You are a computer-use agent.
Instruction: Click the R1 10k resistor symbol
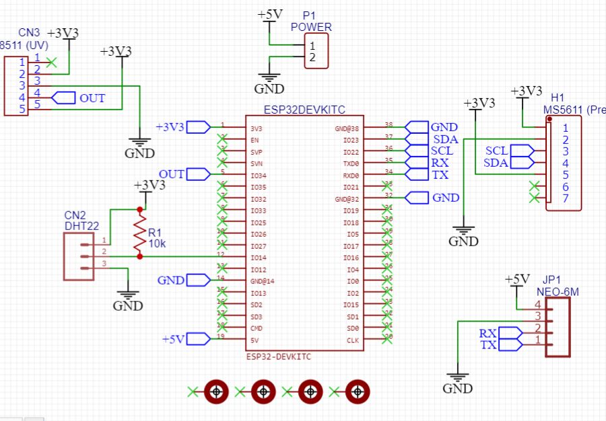pyautogui.click(x=139, y=233)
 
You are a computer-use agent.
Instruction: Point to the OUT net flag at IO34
pyautogui.click(x=196, y=175)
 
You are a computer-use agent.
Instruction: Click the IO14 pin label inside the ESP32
pyautogui.click(x=259, y=258)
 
